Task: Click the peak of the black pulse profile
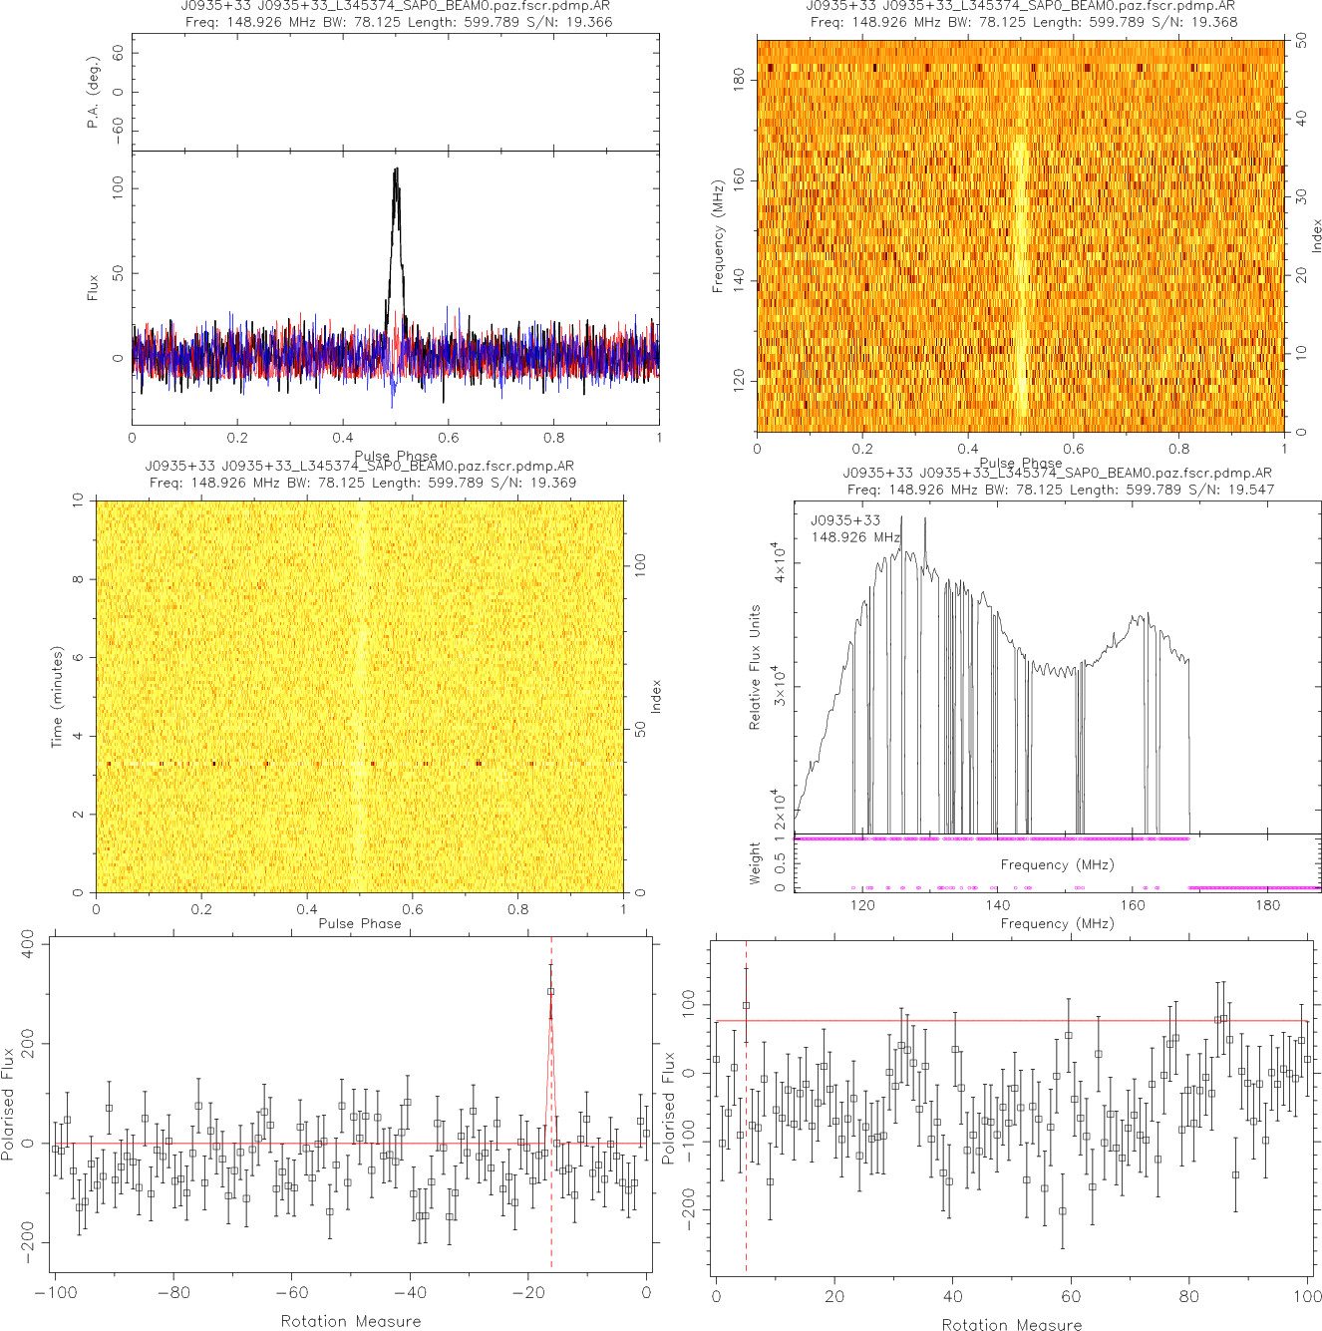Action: coord(397,169)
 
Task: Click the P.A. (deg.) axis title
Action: coord(93,92)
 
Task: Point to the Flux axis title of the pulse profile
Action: coord(93,288)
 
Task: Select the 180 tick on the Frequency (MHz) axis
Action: coord(739,80)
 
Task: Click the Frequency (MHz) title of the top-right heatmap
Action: coord(718,236)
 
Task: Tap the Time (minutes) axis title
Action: coord(57,697)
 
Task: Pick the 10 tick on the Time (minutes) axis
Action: coord(78,501)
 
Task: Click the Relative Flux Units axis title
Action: coord(755,667)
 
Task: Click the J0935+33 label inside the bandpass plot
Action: coord(845,520)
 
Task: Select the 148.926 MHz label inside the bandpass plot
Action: coord(855,537)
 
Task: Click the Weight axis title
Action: coord(755,863)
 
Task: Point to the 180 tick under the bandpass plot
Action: coord(1267,905)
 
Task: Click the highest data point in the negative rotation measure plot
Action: coord(550,991)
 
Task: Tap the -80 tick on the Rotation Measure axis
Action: coord(173,1293)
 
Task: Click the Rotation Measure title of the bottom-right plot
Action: coord(1012,1324)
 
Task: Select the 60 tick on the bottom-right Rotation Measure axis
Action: coord(1071,1296)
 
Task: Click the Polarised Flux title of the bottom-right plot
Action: coord(669,1107)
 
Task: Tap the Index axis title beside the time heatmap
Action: coord(656,696)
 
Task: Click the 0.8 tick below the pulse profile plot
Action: coord(553,437)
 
